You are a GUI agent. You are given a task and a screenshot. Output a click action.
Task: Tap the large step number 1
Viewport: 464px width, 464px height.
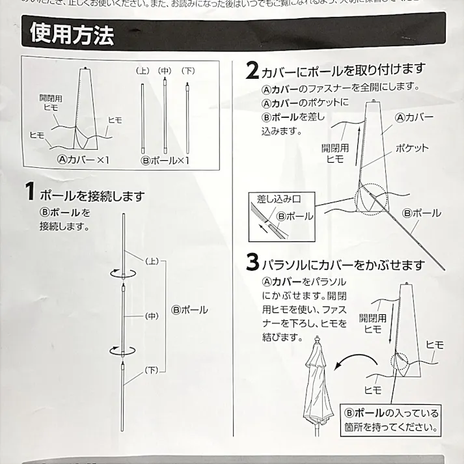point(29,192)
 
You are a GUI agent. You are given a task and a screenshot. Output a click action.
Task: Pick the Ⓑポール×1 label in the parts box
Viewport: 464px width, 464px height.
point(165,159)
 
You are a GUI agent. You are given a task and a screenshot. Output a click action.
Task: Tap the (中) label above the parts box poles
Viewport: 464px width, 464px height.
point(165,70)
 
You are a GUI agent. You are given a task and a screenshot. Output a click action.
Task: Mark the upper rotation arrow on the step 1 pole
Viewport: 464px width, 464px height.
point(123,274)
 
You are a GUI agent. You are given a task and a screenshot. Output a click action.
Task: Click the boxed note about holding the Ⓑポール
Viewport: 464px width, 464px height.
point(391,420)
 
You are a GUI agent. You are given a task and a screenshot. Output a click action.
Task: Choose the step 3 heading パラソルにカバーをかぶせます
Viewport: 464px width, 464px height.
point(343,266)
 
